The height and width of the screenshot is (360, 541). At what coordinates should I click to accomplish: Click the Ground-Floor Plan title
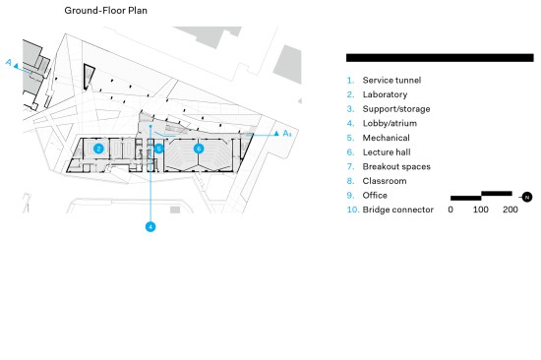[106, 11]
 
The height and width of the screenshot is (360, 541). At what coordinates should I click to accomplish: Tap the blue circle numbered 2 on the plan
[98, 149]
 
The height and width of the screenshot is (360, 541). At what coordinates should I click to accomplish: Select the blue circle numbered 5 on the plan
[158, 149]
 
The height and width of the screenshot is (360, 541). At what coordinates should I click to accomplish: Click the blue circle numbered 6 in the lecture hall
[199, 149]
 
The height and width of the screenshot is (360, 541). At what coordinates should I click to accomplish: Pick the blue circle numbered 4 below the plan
[150, 227]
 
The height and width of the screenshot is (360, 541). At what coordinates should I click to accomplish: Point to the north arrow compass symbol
[527, 197]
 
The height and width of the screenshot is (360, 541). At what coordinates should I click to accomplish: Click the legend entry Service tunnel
[391, 80]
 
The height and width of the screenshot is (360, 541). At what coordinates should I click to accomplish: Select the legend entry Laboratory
[385, 94]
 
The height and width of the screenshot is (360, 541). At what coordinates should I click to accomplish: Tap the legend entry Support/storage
[396, 109]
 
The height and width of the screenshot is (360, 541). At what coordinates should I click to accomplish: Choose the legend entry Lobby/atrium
[390, 123]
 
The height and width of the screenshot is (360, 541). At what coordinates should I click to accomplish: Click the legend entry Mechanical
[387, 138]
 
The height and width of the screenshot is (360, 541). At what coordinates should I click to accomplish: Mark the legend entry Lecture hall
[387, 152]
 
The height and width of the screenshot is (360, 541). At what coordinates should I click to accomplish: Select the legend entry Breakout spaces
[396, 166]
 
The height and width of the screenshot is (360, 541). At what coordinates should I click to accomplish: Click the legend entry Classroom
[385, 181]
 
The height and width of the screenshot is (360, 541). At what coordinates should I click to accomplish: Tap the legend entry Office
[375, 196]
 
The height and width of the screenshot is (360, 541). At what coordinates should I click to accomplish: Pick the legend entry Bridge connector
[397, 210]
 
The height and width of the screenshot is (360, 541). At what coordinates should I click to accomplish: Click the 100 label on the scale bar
[481, 210]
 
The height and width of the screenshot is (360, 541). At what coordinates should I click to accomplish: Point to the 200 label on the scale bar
[511, 210]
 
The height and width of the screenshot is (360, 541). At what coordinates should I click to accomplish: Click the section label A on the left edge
[9, 63]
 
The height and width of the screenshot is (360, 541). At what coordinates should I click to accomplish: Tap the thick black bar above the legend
[440, 58]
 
